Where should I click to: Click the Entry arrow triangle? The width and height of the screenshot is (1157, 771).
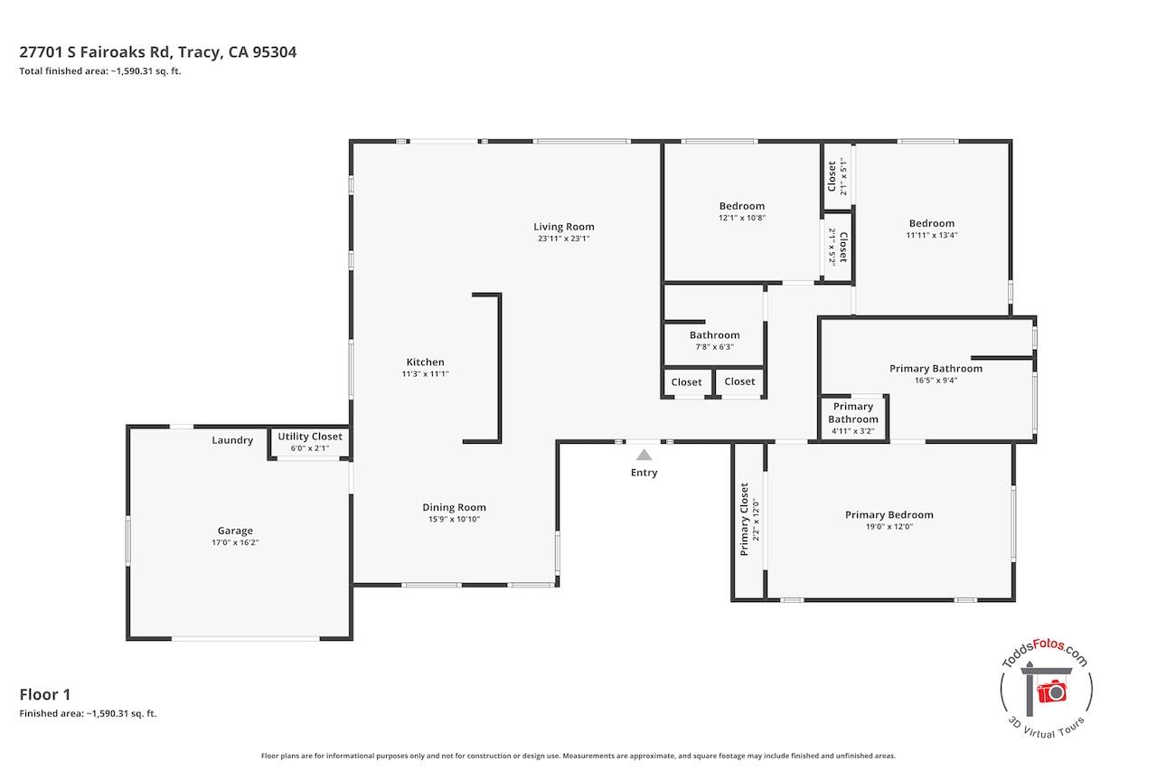pos(644,455)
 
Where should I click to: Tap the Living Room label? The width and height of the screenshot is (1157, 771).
pos(563,227)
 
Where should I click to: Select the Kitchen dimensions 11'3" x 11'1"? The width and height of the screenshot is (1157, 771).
pos(425,374)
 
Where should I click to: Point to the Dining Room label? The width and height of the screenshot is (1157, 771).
pos(454,508)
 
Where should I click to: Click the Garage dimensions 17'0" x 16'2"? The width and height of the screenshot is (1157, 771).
pos(235,542)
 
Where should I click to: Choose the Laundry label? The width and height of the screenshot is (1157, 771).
pos(232,440)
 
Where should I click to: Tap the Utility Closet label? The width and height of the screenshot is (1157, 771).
pos(310,437)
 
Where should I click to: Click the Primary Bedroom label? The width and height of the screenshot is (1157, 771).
pos(889,515)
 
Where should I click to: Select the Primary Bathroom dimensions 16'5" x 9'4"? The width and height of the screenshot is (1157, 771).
pos(936,381)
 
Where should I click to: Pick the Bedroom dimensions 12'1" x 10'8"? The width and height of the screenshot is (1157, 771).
pos(742,218)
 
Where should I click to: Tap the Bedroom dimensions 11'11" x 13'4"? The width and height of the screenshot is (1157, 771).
pos(932,235)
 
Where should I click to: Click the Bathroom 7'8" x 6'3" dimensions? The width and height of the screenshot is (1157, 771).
pos(714,347)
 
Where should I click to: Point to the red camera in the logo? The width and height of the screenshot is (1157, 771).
pos(1051,691)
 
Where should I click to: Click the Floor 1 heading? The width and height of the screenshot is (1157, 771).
pos(45,694)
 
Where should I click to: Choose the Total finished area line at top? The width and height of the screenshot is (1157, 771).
pos(100,71)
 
